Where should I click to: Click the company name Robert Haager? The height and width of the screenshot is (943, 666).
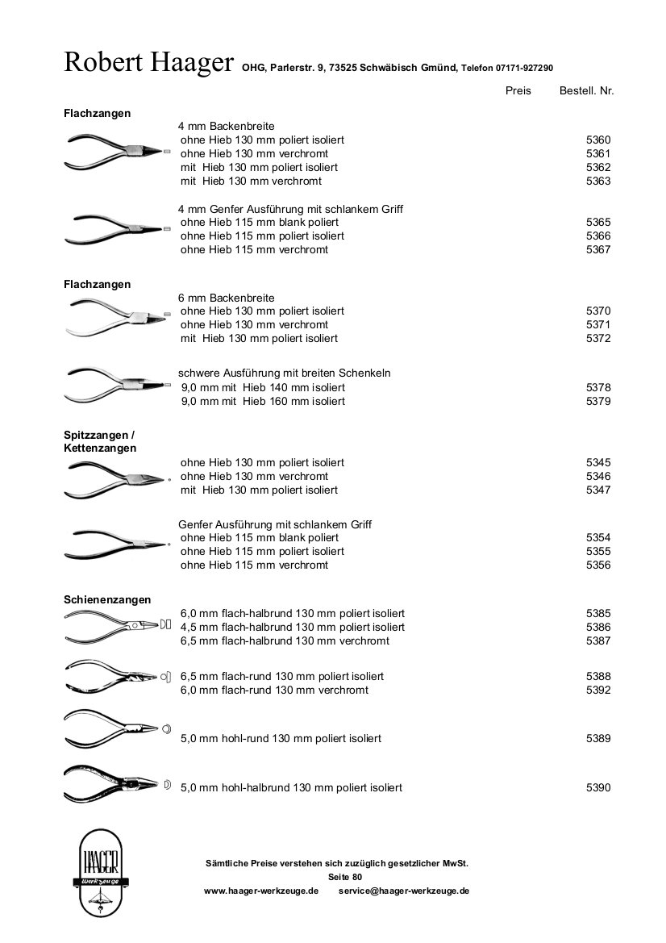[148, 62]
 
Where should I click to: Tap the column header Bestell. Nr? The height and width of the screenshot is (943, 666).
[586, 91]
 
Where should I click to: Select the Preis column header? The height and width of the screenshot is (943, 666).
[518, 91]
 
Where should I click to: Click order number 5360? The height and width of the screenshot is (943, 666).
[598, 140]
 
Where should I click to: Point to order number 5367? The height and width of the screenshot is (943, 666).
[598, 250]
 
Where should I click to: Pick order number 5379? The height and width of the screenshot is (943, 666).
[598, 401]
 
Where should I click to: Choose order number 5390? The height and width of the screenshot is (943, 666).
[598, 787]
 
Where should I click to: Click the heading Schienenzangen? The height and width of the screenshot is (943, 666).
[107, 599]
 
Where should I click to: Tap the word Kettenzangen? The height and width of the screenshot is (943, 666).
[100, 448]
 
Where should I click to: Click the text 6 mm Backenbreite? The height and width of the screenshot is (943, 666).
[227, 298]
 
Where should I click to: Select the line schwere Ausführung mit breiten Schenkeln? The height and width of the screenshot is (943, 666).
[285, 373]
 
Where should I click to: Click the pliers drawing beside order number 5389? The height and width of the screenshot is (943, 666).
[117, 728]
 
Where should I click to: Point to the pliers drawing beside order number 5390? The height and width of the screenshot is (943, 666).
[117, 783]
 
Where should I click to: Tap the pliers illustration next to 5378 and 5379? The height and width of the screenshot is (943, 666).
[117, 385]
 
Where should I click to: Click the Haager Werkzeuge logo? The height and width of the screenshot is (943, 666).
[98, 872]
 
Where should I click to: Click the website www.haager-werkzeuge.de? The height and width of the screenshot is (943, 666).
[261, 891]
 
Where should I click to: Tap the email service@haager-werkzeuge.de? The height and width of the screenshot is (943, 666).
[404, 891]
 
